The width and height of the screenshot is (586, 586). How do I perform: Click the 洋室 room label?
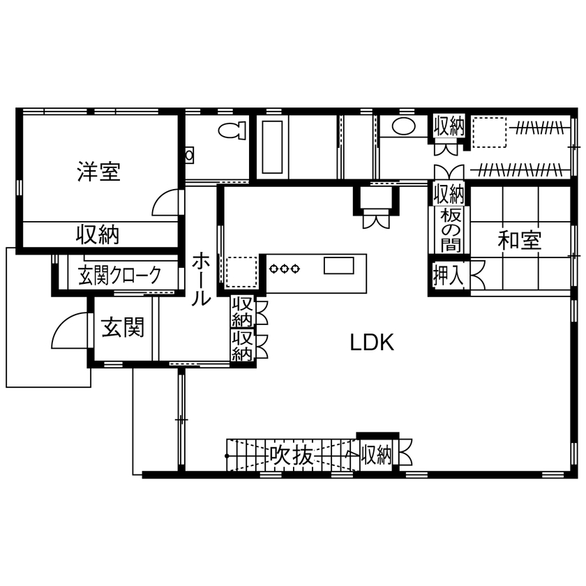pos(98,172)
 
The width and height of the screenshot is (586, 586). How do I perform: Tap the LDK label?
pos(373,343)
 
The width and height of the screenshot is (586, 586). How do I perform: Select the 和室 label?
pos(520,241)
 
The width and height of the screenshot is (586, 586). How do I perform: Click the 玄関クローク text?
pos(119,275)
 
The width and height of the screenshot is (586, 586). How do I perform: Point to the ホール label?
pos(201,279)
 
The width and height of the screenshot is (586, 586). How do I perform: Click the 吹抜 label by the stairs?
pos(292,456)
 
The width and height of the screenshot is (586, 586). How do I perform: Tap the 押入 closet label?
pos(449,275)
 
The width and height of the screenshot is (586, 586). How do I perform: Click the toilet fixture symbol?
pos(232,130)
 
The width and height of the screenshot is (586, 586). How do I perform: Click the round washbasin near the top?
pos(402,126)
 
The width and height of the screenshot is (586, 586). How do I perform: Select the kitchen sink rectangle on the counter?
pos(339,266)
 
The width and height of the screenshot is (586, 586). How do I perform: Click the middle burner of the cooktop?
pos(285,267)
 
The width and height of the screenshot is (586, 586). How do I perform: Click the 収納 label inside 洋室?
pos(98,234)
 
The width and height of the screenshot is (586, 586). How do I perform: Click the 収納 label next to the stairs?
pos(376,456)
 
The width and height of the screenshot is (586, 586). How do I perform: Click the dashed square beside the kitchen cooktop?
pos(241,271)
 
